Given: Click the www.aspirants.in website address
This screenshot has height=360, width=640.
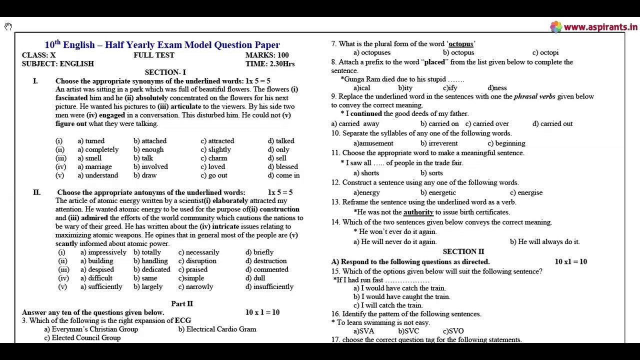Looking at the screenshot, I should (600, 27).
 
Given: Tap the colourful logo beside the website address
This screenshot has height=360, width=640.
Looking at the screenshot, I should (555, 27).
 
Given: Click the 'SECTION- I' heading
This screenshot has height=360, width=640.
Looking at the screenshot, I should (165, 72).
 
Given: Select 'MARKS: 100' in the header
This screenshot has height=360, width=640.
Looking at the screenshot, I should (267, 55).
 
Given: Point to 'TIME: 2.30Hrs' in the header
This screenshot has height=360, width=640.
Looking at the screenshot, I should (270, 64).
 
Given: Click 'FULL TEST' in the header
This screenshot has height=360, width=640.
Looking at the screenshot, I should (154, 55).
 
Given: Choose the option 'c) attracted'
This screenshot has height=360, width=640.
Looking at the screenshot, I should (217, 141).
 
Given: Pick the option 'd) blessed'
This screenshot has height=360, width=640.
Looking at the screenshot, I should (282, 167).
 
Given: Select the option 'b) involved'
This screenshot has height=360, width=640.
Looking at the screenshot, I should (150, 167).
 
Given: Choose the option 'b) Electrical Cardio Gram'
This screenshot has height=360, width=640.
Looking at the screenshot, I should (217, 329).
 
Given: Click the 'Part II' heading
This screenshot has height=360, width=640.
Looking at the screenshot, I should (182, 304).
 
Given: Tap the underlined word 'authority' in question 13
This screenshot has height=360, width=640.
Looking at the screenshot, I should (418, 212).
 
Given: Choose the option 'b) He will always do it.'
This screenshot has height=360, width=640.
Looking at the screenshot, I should (544, 242).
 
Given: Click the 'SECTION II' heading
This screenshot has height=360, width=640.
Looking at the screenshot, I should (463, 252).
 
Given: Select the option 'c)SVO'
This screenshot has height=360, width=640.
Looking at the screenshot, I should (453, 331).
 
